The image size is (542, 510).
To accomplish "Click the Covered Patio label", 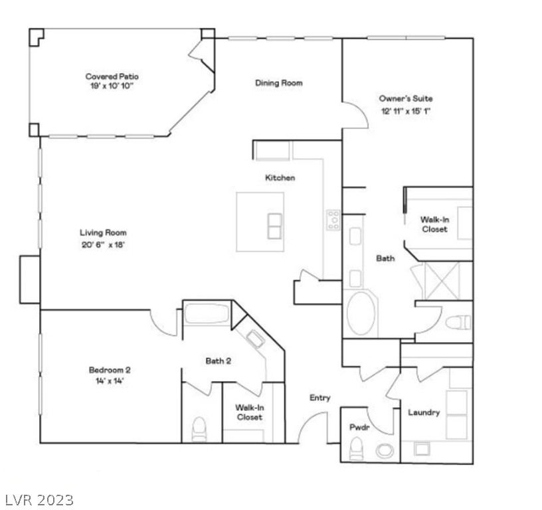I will coord(112,76).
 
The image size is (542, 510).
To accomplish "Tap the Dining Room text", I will coord(279,83).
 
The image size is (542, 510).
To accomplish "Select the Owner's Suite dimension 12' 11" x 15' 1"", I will coord(405,111).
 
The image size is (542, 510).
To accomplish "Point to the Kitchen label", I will coord(280,178).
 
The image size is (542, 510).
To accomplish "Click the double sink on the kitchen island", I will coord(274,226).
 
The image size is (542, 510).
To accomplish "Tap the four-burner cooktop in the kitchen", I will coord(333,220).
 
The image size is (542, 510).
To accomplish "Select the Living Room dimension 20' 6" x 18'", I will coord(103,244).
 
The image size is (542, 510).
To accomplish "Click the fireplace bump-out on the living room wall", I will coord(30,279).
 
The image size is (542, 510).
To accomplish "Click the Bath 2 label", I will coord(218,361).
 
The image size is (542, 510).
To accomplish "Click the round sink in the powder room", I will coord(384,451).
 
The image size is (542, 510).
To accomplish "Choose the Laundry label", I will coord(424,412).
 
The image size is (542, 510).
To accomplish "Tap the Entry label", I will coord(319,398).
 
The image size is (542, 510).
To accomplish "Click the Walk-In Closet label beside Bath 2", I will coord(249,412).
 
